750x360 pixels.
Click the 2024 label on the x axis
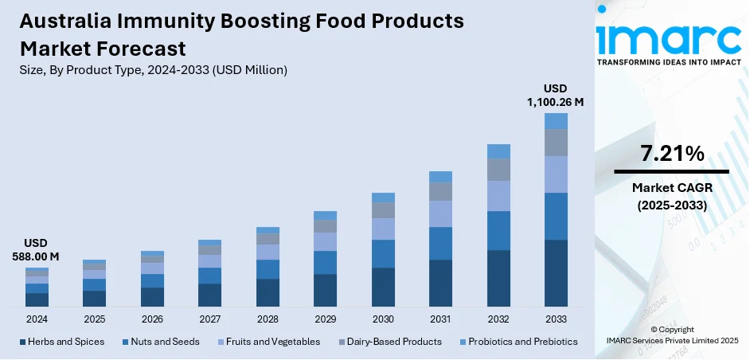(x=37, y=319)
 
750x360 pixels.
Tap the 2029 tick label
(x=325, y=319)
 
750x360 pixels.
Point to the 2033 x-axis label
(x=556, y=319)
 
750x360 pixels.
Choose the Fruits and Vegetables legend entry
(x=268, y=342)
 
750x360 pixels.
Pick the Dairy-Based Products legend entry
(x=389, y=342)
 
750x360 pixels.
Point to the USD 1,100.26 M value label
(x=556, y=95)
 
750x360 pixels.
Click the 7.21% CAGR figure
(x=671, y=154)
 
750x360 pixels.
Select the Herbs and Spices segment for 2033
(x=556, y=273)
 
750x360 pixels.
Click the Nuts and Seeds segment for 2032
(x=498, y=230)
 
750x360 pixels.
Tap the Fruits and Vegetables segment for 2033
(x=556, y=174)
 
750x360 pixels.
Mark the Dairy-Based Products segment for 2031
(x=440, y=191)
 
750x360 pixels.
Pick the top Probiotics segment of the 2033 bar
(x=556, y=121)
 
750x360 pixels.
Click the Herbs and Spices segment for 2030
(x=383, y=287)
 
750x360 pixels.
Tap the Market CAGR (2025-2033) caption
(x=671, y=194)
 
